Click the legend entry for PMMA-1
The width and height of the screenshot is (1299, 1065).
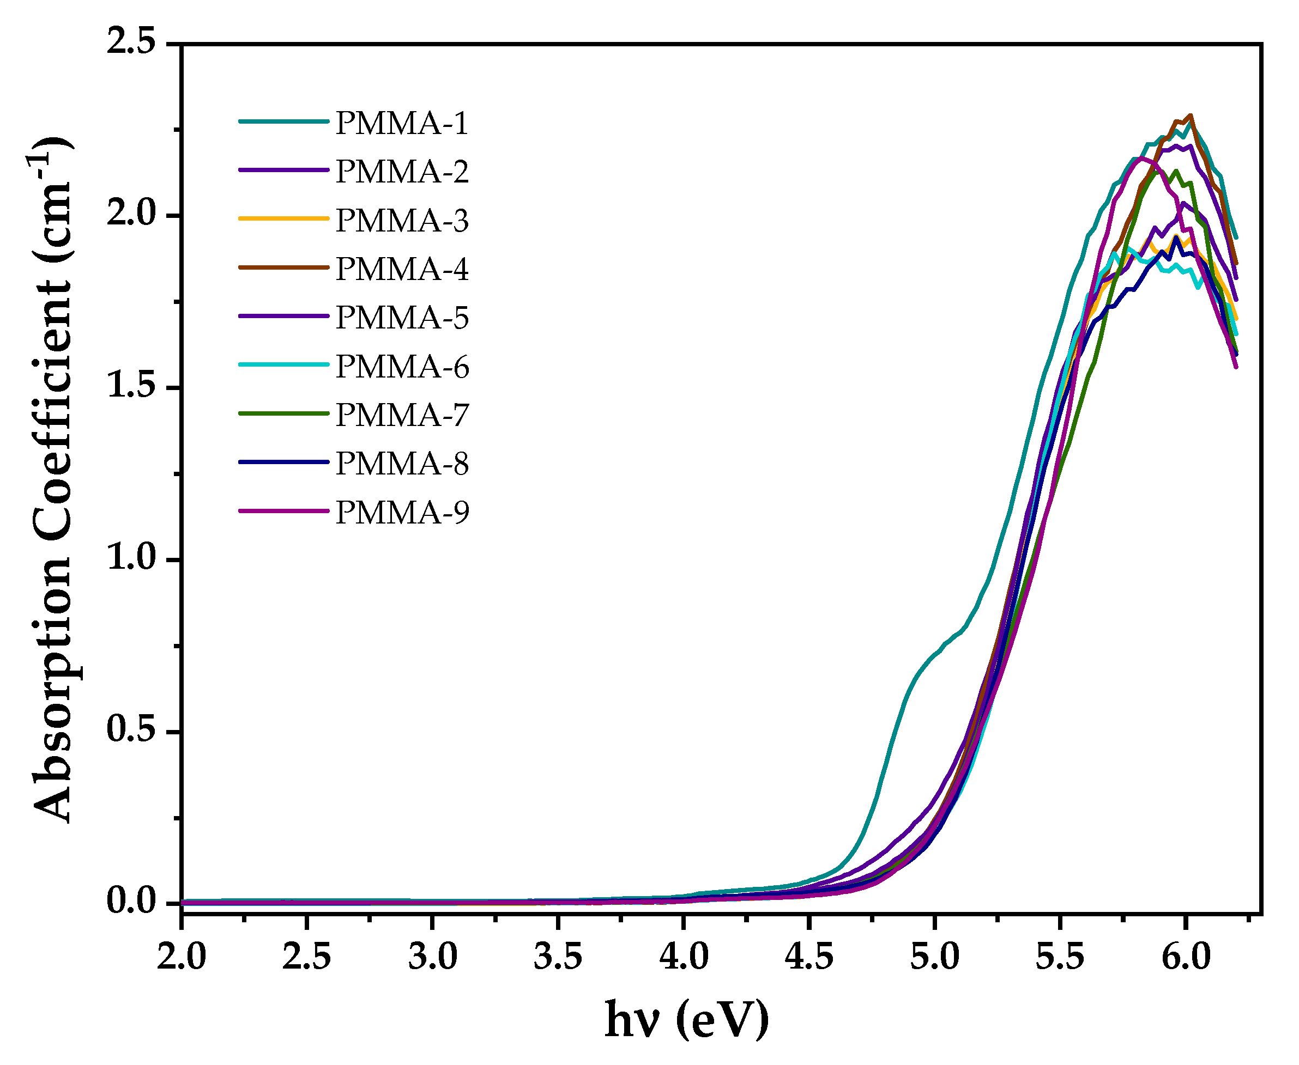[402, 123]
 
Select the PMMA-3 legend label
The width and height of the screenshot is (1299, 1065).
[402, 220]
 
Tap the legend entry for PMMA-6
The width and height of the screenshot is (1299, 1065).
[402, 367]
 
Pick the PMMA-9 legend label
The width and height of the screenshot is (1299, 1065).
[402, 512]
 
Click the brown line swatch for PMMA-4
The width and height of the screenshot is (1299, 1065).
[283, 267]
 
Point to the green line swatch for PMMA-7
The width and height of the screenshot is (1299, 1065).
[283, 413]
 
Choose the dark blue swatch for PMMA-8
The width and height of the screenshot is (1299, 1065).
[283, 462]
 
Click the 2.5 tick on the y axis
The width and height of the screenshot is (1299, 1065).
[131, 44]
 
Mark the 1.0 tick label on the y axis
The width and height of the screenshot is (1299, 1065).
[131, 559]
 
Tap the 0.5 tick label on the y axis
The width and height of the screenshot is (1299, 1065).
[131, 731]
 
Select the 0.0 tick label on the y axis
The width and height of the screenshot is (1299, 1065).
[131, 902]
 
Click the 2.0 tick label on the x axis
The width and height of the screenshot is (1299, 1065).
[181, 957]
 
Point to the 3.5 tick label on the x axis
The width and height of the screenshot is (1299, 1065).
[558, 957]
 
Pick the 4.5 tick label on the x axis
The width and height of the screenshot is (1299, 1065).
[808, 957]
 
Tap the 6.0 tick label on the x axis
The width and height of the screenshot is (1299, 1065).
[1186, 957]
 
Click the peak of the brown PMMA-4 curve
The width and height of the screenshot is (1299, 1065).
[1191, 115]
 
